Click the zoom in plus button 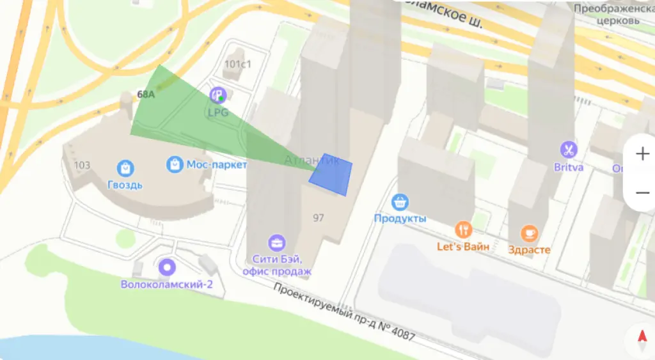pyautogui.click(x=642, y=154)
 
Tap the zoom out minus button pyautogui.click(x=642, y=192)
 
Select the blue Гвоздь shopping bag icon pyautogui.click(x=125, y=168)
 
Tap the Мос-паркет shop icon pyautogui.click(x=174, y=164)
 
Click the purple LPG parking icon pyautogui.click(x=218, y=96)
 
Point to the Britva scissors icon pyautogui.click(x=567, y=150)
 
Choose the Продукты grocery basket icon pyautogui.click(x=400, y=202)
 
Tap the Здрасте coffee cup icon pyautogui.click(x=529, y=233)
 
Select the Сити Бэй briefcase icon pyautogui.click(x=277, y=242)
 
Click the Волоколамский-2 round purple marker pyautogui.click(x=168, y=267)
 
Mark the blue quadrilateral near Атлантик pyautogui.click(x=331, y=174)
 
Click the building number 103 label pyautogui.click(x=83, y=165)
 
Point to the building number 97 pyautogui.click(x=319, y=218)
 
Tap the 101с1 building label pyautogui.click(x=238, y=64)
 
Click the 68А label pyautogui.click(x=146, y=95)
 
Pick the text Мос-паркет pyautogui.click(x=216, y=164)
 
